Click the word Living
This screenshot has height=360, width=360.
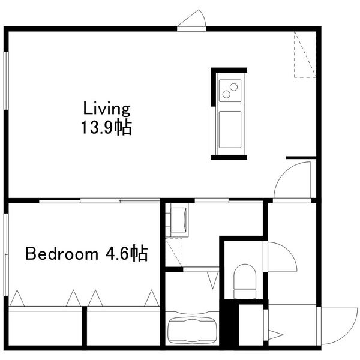click(x=107, y=109)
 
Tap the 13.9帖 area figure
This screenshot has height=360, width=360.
click(x=106, y=127)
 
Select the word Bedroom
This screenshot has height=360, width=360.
click(x=62, y=254)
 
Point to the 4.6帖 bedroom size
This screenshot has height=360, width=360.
click(x=126, y=253)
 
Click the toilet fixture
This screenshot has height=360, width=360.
click(x=245, y=281)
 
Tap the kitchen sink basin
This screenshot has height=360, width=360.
click(x=230, y=130)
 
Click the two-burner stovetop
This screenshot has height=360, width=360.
click(x=230, y=91)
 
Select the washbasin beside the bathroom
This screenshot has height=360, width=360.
click(x=179, y=220)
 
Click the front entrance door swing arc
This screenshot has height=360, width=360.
click(x=349, y=332)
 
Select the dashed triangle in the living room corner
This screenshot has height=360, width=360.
click(x=305, y=55)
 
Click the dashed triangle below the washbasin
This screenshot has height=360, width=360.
click(x=174, y=253)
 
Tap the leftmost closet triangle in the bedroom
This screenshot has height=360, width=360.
click(x=17, y=298)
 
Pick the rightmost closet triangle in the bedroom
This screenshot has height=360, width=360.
click(x=152, y=298)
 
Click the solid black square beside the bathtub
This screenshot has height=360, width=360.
click(x=229, y=323)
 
